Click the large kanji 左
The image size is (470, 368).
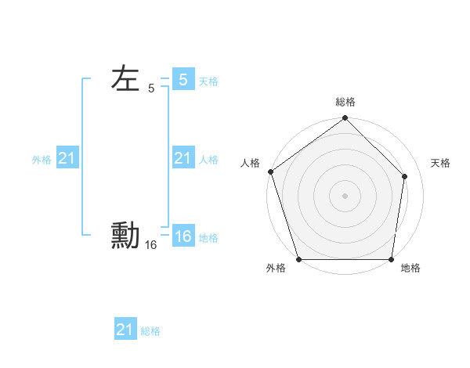coord(125,79)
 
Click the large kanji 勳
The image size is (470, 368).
coord(125,236)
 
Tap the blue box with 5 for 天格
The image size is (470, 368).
coord(183,80)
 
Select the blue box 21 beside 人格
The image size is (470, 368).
coord(183,159)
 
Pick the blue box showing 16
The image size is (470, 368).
coord(183,236)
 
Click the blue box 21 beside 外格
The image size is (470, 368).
coord(67,159)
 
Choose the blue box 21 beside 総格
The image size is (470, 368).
coord(125,330)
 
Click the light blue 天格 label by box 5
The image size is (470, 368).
coord(208,81)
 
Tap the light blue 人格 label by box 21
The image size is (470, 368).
coord(208,160)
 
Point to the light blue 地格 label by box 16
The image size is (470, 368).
coord(208,238)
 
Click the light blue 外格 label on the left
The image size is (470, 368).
coord(42,160)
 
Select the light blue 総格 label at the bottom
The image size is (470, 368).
coord(150,331)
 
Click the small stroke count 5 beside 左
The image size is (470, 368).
coord(151,89)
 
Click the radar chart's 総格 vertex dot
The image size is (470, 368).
coord(345,118)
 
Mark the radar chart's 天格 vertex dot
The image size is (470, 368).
coord(406,175)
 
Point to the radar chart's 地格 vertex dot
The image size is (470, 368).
coord(391,259)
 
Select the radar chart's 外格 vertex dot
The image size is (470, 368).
coord(298,259)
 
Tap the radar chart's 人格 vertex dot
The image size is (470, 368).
coord(270,171)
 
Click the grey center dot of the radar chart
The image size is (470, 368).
coord(345,196)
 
